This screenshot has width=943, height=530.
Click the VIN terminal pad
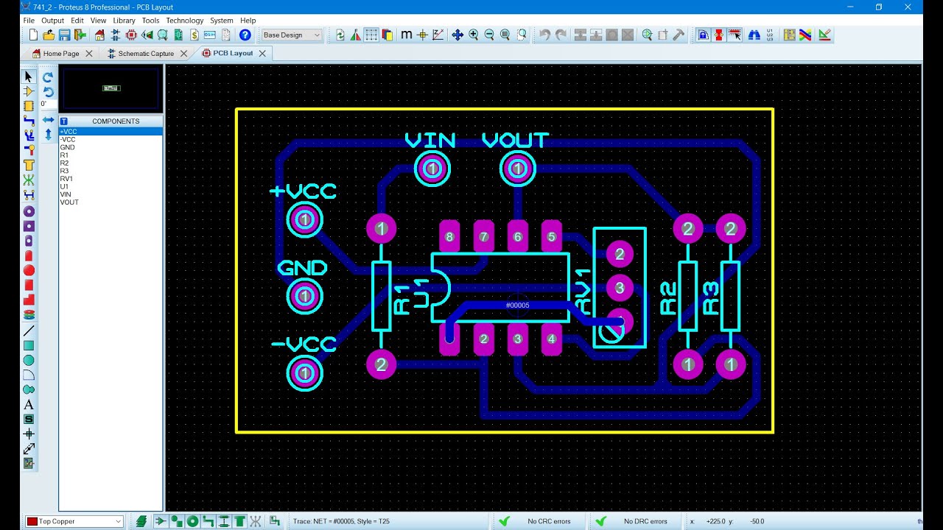(432, 169)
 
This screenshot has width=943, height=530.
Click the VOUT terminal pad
(517, 169)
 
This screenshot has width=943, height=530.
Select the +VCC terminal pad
(304, 219)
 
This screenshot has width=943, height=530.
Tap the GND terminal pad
(304, 296)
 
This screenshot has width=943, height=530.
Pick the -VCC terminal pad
(304, 373)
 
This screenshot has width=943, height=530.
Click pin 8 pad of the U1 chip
(449, 237)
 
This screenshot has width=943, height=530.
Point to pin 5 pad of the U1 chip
(552, 237)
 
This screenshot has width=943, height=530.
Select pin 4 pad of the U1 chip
(552, 339)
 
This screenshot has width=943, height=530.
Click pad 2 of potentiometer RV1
(620, 254)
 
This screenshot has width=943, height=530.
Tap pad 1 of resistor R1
(381, 228)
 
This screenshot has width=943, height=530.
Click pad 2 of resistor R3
(730, 228)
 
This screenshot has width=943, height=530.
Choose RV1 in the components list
(66, 179)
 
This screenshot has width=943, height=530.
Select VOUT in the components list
(69, 202)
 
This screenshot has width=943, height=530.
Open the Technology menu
(184, 20)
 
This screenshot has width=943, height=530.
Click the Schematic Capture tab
(146, 54)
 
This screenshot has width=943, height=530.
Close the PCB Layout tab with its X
(262, 54)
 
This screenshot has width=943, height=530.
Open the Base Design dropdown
(291, 35)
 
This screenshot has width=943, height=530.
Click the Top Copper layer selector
(74, 521)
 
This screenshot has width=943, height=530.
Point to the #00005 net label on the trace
(517, 305)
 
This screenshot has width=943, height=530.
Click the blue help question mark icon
(245, 35)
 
